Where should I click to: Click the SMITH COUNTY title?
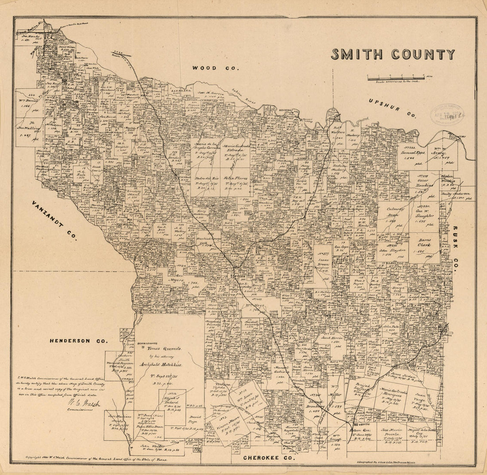pyautogui.click(x=393, y=55)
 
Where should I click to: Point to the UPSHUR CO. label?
pyautogui.click(x=392, y=108)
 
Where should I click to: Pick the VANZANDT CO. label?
pyautogui.click(x=54, y=220)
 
